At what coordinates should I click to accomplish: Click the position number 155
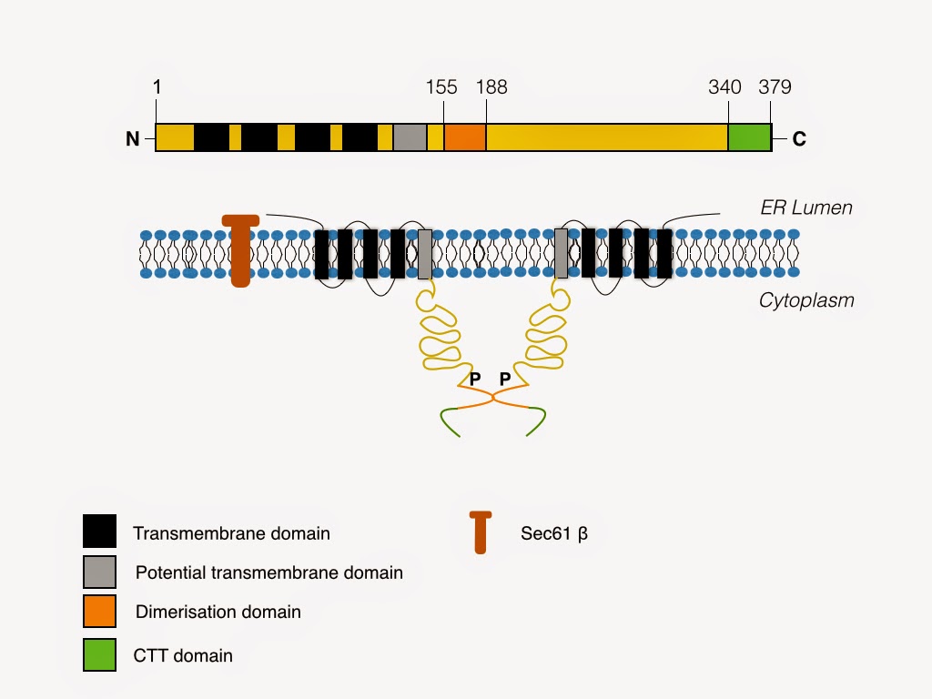(441, 86)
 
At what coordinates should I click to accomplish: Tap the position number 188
(491, 86)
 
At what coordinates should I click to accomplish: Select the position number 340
(724, 86)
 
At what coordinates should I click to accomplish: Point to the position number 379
(775, 86)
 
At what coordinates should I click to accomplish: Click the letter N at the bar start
(133, 138)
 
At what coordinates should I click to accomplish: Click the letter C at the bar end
(799, 138)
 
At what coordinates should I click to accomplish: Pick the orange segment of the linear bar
(465, 137)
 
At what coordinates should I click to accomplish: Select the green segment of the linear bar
(750, 137)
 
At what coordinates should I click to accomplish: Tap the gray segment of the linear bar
(410, 137)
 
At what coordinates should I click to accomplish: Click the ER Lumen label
(806, 208)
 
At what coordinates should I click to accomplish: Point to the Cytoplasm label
(806, 300)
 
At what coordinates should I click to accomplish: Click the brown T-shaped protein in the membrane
(240, 250)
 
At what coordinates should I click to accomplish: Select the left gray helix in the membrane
(425, 255)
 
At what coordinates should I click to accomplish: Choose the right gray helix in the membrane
(561, 254)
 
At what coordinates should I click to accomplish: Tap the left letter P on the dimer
(475, 379)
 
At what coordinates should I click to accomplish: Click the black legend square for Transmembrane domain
(99, 531)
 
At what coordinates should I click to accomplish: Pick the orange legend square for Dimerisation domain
(99, 611)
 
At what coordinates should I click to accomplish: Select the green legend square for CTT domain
(99, 654)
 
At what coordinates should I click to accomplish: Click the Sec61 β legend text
(554, 533)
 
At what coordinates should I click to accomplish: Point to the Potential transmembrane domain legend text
(269, 572)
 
